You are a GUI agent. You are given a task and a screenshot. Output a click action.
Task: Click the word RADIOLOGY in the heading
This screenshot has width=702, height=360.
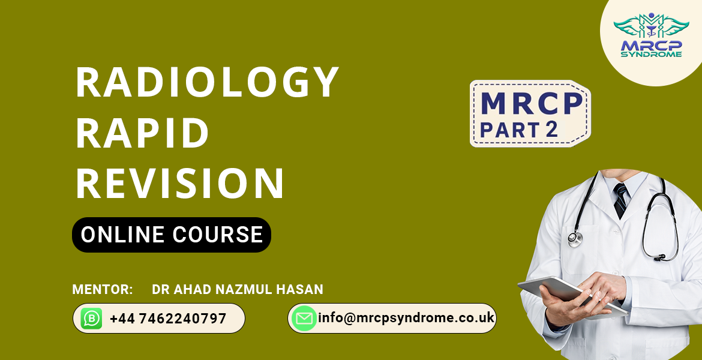pos(207,82)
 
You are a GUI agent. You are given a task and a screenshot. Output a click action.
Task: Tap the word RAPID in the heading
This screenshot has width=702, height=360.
pos(142,133)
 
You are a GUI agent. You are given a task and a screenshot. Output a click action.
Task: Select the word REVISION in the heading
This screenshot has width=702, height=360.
pos(180,183)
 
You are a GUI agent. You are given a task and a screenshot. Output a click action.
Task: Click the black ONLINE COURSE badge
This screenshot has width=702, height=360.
pos(172,235)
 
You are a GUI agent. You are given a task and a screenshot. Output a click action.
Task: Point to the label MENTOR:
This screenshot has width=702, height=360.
pos(103,289)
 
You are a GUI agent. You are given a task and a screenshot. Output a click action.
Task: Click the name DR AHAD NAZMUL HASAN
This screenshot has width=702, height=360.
pos(238,289)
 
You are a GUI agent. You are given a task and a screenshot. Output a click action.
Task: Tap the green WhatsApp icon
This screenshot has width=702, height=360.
pos(91,319)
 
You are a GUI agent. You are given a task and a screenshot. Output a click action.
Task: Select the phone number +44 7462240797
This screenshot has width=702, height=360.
pos(168,319)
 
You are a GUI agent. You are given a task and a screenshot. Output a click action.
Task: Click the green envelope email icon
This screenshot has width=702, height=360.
pos(304,319)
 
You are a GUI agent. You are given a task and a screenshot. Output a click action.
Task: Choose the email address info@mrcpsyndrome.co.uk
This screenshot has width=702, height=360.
pos(406,318)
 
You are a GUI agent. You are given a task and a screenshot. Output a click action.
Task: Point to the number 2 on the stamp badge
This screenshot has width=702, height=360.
pos(552,129)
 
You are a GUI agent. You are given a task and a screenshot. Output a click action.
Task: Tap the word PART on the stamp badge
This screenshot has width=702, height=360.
pos(509,130)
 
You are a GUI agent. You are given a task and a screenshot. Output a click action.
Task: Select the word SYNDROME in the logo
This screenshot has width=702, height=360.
pos(652,54)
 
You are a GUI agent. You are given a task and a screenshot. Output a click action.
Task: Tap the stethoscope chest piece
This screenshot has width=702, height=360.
pos(575,238)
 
